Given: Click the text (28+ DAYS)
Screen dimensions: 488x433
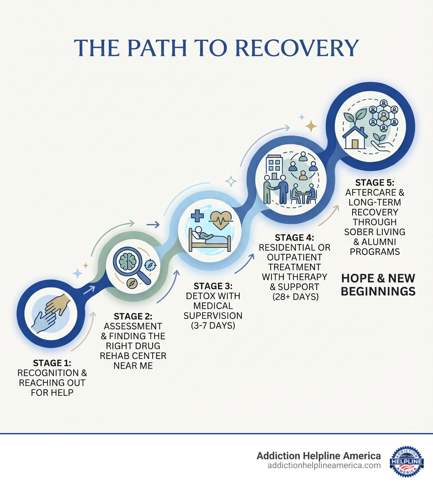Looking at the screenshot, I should click(295, 296).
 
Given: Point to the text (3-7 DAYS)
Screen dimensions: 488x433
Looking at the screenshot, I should click(214, 325).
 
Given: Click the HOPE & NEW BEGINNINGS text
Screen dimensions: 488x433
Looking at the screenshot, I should click(378, 285).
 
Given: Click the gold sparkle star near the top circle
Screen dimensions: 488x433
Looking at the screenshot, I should click(311, 125).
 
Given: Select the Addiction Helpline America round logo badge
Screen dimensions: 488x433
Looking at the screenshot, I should click(406, 461).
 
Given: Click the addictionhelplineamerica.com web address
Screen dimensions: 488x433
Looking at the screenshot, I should click(324, 466).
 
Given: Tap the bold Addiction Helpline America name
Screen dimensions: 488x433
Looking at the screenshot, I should click(318, 456).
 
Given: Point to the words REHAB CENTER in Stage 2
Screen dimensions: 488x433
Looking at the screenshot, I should click(133, 356).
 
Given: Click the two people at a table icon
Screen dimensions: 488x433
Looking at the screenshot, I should click(304, 194).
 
